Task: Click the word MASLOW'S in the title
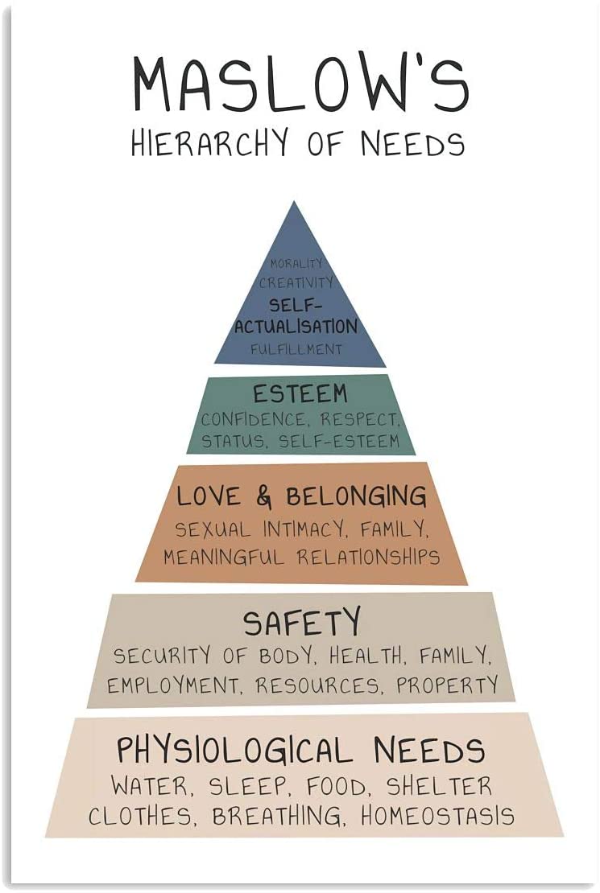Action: pos(300,85)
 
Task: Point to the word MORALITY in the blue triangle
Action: pos(296,264)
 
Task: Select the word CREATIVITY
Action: pos(296,283)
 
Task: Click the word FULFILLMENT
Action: pos(296,350)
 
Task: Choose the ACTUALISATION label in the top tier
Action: pos(296,327)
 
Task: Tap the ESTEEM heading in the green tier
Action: pos(300,394)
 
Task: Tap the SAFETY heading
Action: pos(302,623)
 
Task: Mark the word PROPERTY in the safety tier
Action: pos(447,685)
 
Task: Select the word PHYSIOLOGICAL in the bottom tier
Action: pos(234,750)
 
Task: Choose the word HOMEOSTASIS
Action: pos(437,817)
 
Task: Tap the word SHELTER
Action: pos(438,785)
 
